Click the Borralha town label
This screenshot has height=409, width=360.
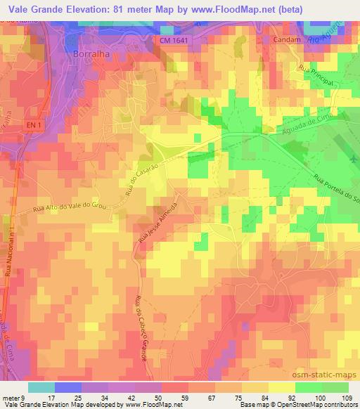[x=93, y=53]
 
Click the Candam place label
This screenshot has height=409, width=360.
[x=287, y=41]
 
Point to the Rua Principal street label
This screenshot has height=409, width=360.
[x=314, y=79]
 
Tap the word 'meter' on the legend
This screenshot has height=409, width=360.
[x=10, y=398]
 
